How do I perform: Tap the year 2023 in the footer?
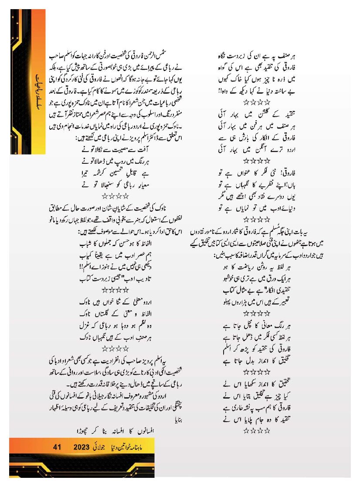(82, 446)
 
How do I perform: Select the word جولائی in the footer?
(103, 446)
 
